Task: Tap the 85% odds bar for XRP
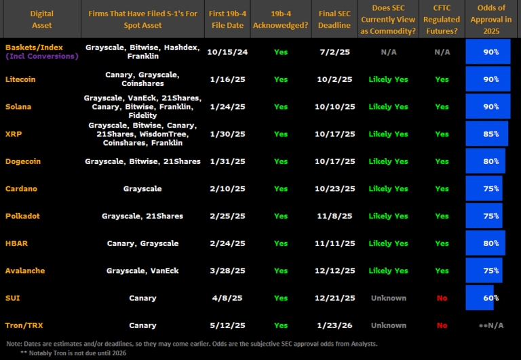click(x=487, y=134)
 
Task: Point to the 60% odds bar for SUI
click(x=480, y=298)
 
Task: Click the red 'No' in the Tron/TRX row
click(x=442, y=325)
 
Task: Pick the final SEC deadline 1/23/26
click(x=336, y=325)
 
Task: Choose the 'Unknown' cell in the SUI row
click(x=389, y=298)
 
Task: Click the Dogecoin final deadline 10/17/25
click(x=336, y=161)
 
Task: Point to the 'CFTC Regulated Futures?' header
click(x=442, y=19)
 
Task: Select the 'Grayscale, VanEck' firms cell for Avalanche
click(x=142, y=271)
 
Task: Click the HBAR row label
click(x=16, y=243)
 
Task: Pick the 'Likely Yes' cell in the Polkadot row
click(x=389, y=216)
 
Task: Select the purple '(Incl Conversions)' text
click(x=41, y=56)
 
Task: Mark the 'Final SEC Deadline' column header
click(x=335, y=19)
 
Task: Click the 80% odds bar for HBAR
click(x=486, y=243)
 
